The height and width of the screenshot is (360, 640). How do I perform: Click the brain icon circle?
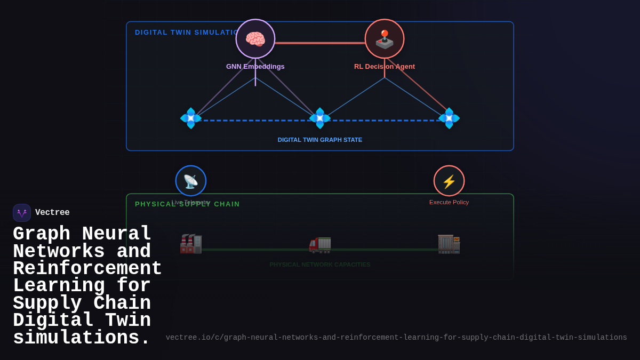point(255,39)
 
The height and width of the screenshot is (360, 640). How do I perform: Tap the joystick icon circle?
point(385,39)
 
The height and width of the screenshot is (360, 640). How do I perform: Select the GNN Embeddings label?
point(255,67)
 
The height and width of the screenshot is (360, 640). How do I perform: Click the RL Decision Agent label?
point(385,67)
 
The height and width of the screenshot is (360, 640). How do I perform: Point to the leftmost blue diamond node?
point(191,118)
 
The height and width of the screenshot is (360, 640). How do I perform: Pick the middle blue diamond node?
point(320,118)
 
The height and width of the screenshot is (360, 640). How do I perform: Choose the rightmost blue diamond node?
point(449,118)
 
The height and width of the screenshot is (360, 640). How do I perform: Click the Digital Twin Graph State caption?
point(320,140)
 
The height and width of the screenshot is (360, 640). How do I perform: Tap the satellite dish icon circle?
point(191,181)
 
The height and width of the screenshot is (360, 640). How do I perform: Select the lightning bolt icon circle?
point(449,181)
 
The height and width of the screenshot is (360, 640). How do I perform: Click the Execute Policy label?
point(449,202)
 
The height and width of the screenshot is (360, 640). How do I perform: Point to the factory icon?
point(191,244)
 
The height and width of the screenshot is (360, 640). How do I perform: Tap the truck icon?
point(320,244)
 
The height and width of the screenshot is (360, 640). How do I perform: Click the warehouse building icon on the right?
point(449,244)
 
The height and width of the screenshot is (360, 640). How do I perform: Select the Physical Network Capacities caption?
point(320,265)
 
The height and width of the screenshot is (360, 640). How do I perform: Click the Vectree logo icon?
point(22,213)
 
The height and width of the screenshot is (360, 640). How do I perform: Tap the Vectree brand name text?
point(52,213)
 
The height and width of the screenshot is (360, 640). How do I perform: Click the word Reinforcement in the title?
point(87,269)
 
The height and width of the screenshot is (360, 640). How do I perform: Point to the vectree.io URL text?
point(396,338)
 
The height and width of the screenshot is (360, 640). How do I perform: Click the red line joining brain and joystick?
point(320,43)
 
